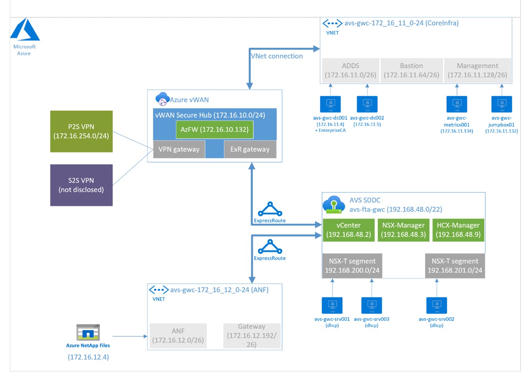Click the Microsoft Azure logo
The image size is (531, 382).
point(25,30)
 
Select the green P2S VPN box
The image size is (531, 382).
point(81,131)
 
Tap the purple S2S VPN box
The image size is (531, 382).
point(81,185)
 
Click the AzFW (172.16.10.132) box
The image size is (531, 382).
point(214,130)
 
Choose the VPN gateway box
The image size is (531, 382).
point(179,149)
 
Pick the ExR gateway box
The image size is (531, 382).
point(250,149)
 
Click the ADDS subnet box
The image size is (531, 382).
point(350,70)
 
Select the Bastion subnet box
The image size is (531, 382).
point(411,70)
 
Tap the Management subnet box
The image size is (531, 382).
point(478,70)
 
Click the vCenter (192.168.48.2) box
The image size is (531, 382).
point(348,230)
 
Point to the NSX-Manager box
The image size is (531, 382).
point(403,230)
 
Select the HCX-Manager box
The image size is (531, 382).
point(458,230)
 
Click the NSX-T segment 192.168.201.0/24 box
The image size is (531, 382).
point(455,266)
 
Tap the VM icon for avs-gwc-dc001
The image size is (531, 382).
point(330,104)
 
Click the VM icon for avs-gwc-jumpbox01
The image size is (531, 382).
point(501,104)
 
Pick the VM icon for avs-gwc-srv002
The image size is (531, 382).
point(437,305)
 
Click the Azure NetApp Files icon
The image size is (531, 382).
point(88,332)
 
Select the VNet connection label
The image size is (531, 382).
point(277,56)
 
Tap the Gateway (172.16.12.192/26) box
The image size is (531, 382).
point(252,336)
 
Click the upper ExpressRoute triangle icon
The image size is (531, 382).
point(270,209)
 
